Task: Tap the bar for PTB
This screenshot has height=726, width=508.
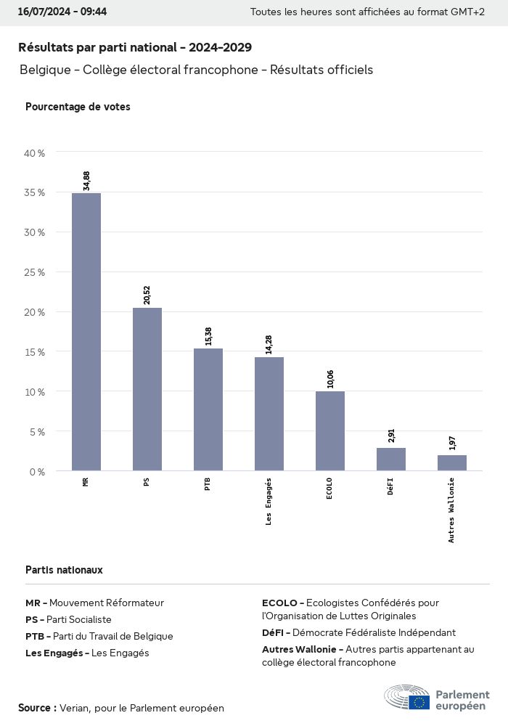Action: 208,409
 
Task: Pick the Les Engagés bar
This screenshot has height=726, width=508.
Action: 269,414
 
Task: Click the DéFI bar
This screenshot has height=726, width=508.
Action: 391,459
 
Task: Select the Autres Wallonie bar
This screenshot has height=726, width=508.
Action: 452,462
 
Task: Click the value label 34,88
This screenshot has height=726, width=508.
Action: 86,180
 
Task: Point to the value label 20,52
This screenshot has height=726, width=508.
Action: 147,295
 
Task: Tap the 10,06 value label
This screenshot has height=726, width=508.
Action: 330,378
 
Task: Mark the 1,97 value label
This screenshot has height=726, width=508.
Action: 452,443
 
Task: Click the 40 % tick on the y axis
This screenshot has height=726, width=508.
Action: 35,153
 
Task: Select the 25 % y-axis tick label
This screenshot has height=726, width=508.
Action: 35,272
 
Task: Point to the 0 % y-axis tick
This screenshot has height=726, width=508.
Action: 37,471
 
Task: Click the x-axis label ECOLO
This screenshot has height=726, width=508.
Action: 330,491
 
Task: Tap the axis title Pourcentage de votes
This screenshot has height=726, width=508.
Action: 78,107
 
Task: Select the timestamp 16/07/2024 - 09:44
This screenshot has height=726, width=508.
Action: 62,12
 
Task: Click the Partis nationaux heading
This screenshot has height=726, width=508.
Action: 64,570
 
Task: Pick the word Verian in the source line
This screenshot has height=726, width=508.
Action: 74,708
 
